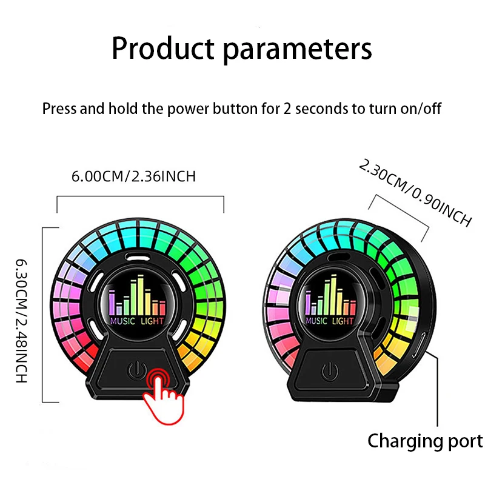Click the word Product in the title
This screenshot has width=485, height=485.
point(162,48)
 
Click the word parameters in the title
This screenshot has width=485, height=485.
point(297,50)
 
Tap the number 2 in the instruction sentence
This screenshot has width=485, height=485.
point(287,109)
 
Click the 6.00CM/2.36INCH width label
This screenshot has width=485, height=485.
point(133,176)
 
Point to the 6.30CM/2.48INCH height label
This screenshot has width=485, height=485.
point(22,321)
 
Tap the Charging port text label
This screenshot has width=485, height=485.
point(426,441)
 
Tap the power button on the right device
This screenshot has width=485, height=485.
point(330,371)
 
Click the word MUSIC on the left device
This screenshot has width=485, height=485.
point(122,321)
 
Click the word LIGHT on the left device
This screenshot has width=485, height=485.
point(152,321)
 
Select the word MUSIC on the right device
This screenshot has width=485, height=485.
point(316,321)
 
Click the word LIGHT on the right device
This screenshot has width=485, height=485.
point(343,321)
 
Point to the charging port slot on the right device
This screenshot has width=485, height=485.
point(423,346)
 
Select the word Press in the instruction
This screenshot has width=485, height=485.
point(59,109)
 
